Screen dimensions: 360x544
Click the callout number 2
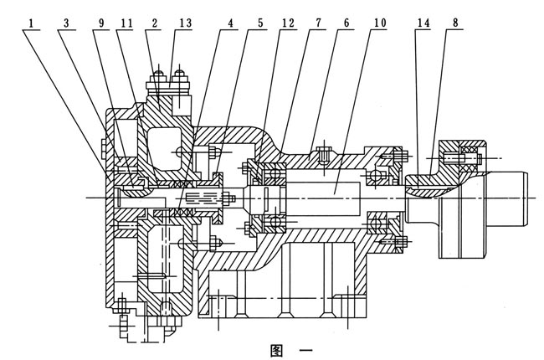[154, 13]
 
